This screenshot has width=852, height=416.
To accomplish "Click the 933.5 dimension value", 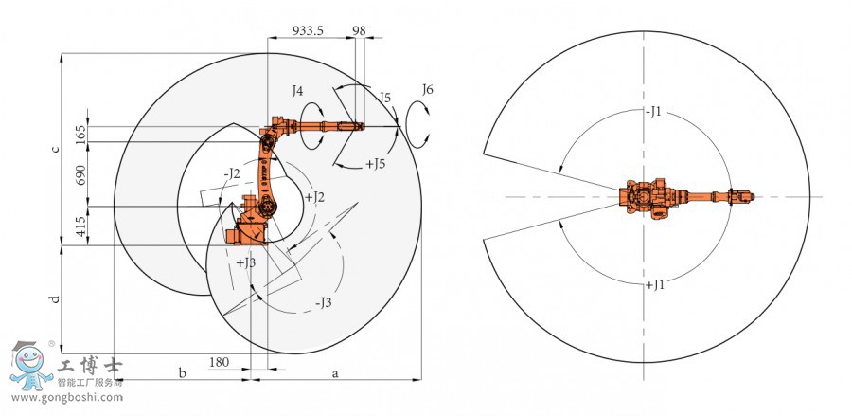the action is coord(308,30).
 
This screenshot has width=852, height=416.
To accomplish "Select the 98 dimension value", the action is coord(359,30).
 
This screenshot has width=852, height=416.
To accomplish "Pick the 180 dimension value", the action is coord(219,362).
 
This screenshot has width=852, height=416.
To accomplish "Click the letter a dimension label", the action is coord(335,373).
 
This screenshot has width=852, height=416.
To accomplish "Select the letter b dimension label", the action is coord(183,372).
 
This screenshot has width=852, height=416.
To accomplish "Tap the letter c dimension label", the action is coord(56,149).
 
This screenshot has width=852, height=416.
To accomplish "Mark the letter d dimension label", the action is coord(55,298).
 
